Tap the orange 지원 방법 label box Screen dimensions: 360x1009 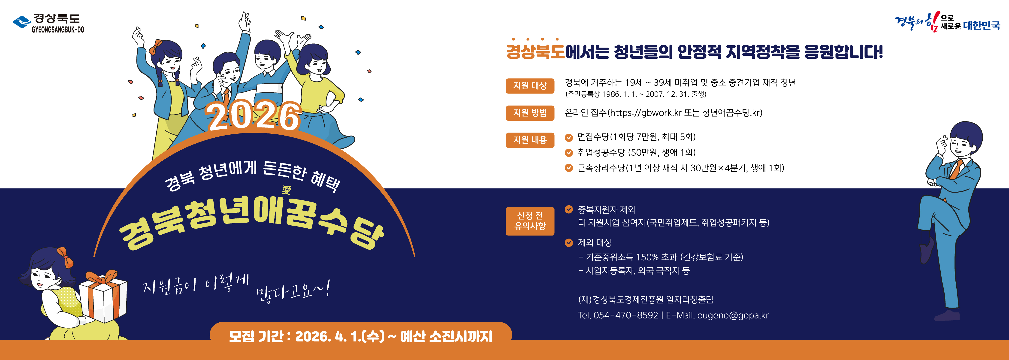tap(530, 113)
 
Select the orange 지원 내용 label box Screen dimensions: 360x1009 tap(530, 140)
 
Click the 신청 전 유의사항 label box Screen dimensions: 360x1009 tap(530, 221)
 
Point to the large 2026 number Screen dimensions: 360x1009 tap(254, 117)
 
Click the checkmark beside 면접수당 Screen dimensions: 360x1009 tap(569, 137)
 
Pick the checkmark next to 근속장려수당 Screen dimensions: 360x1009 tap(569, 168)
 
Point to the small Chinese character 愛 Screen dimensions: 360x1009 tap(286, 190)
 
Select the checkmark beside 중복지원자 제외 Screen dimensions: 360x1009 tap(569, 210)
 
